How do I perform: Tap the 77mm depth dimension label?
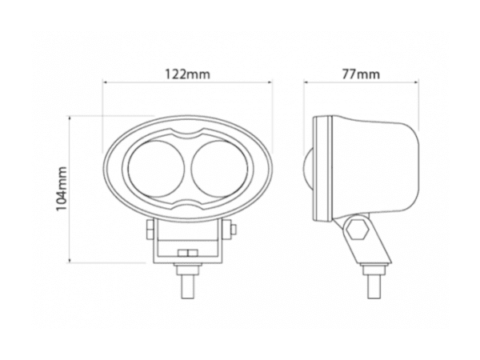[360, 74]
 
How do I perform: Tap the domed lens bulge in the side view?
[308, 169]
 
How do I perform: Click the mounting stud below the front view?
[190, 282]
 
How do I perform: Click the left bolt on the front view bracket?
[149, 230]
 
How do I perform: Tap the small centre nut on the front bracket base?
[190, 254]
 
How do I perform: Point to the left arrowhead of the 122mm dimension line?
[106, 82]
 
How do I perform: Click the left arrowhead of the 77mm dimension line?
[306, 82]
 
